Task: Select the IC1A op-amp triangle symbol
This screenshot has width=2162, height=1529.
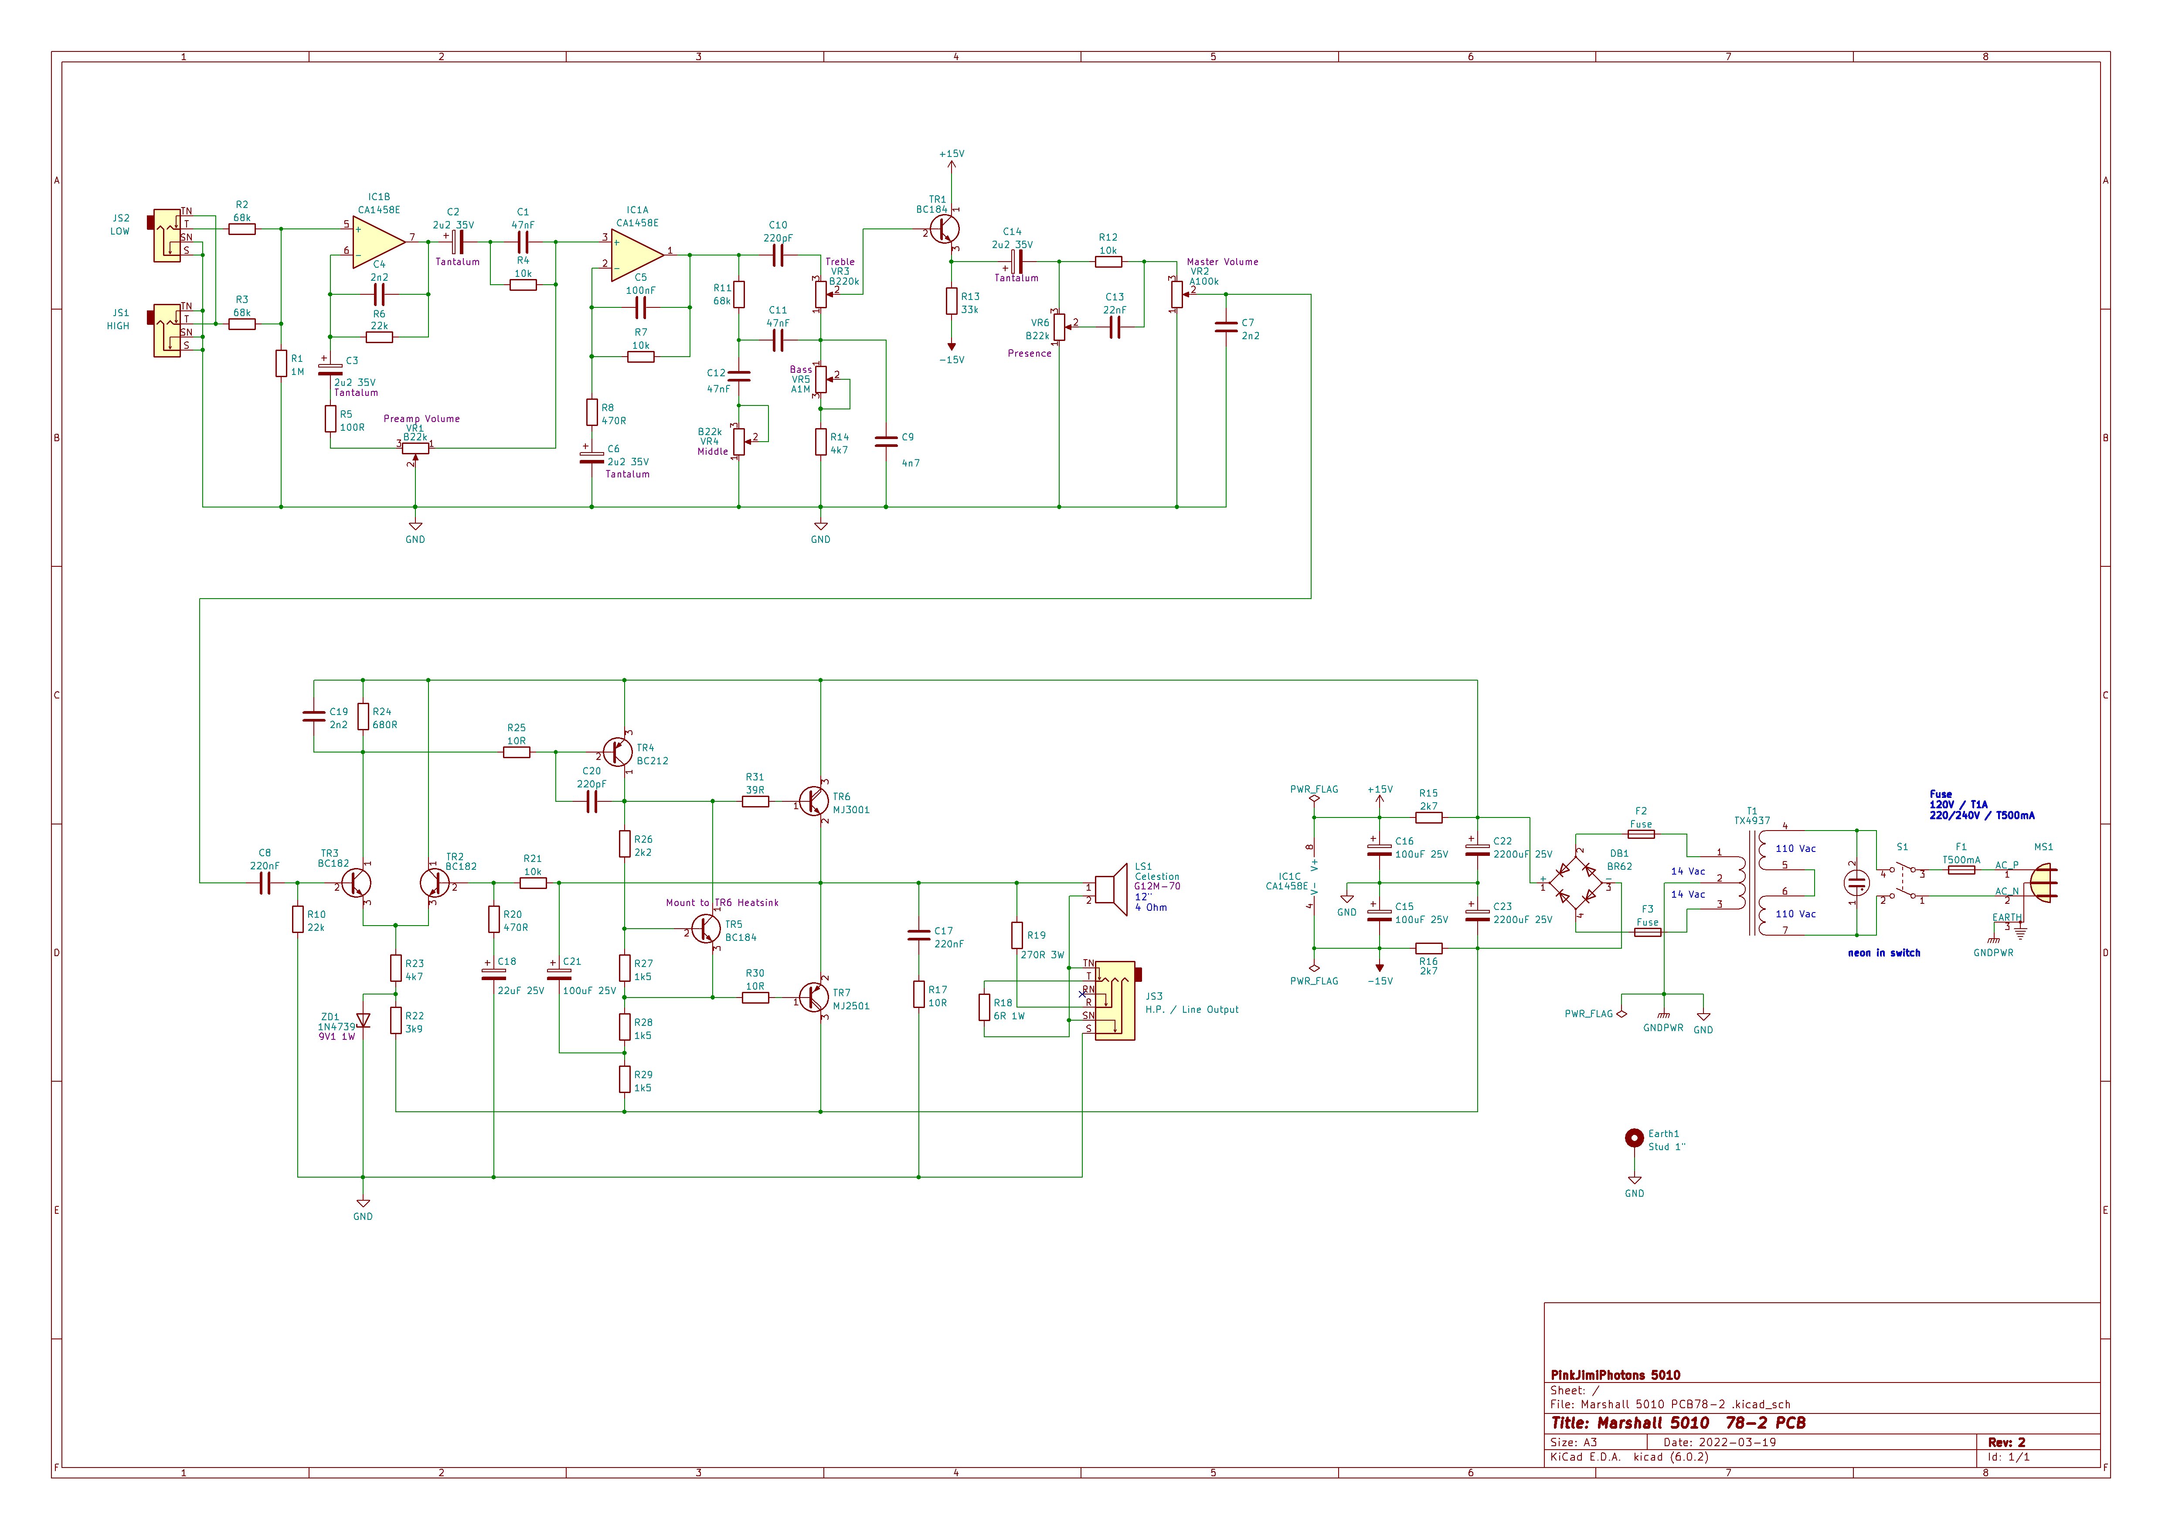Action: (x=636, y=254)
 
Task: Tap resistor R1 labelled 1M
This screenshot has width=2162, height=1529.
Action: (x=281, y=364)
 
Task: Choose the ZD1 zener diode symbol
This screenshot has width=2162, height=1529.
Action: (x=363, y=1020)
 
